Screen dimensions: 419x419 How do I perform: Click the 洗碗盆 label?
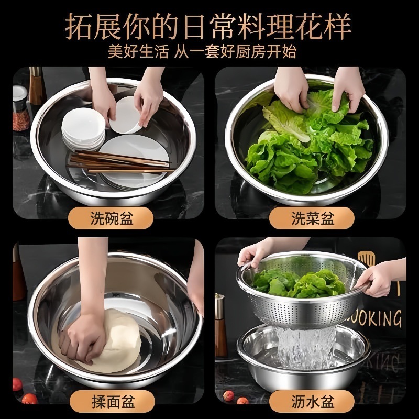[x=111, y=218]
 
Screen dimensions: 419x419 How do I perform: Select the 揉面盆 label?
[x=111, y=402]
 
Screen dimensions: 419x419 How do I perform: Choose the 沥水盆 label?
[x=313, y=402]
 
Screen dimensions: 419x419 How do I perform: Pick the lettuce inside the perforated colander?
[x=299, y=283]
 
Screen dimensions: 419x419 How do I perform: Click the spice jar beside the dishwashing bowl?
[x=20, y=110]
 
